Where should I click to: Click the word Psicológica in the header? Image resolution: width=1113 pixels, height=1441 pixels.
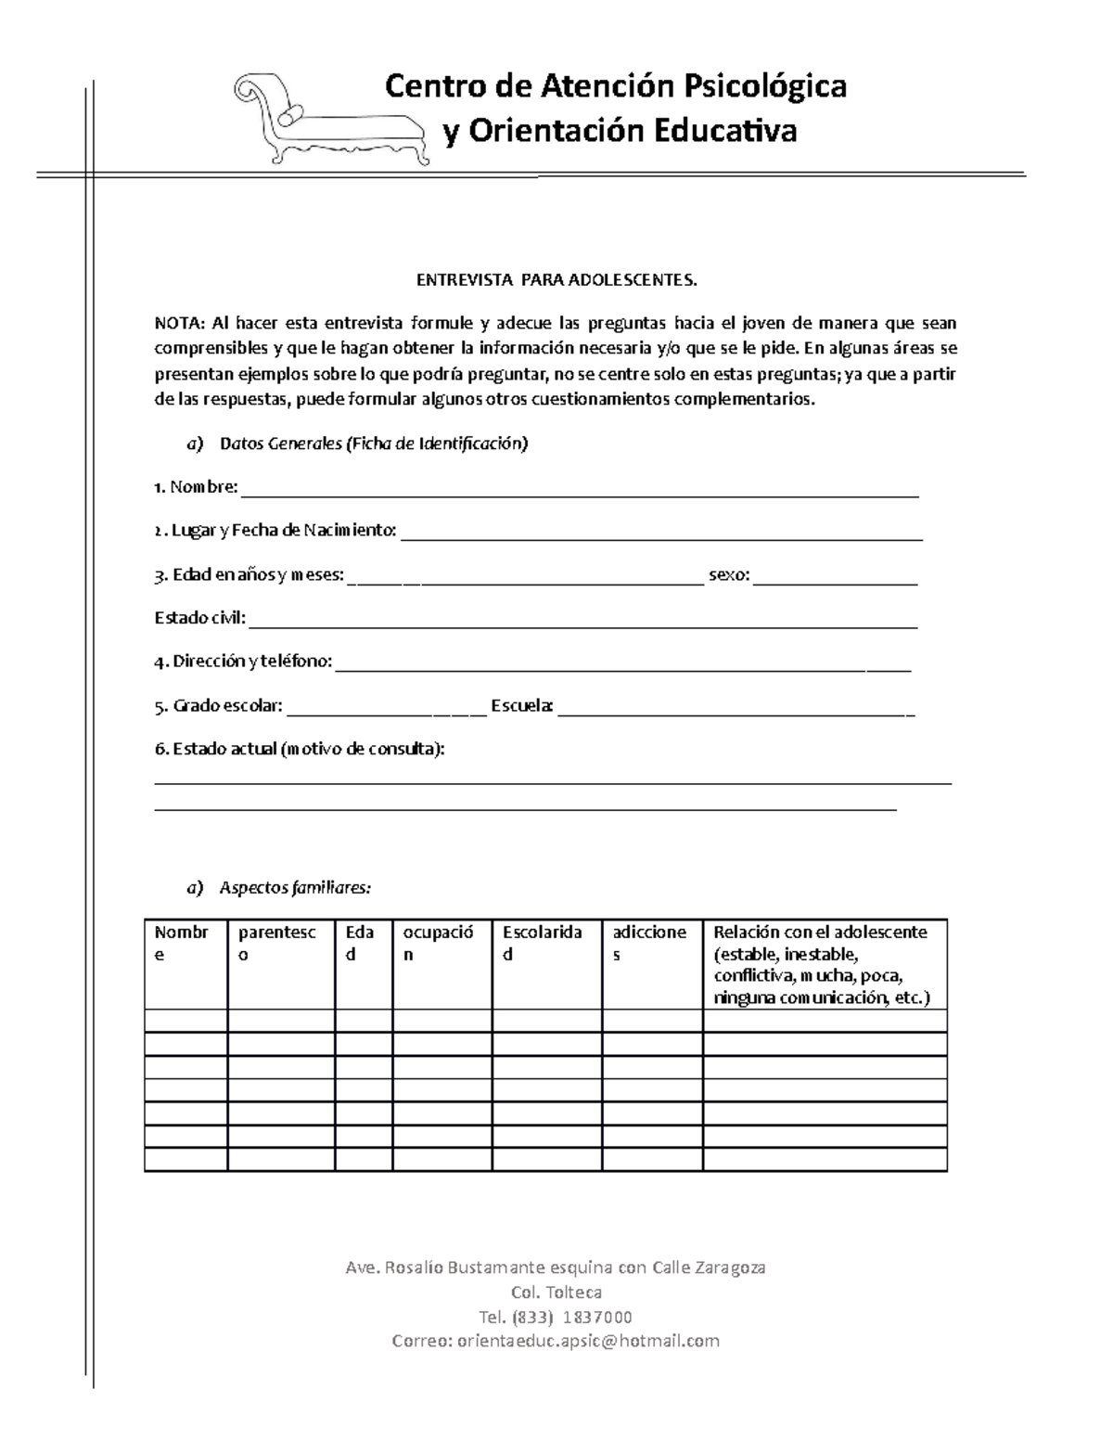[x=764, y=86]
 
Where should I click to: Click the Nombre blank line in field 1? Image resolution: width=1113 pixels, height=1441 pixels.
[x=579, y=491]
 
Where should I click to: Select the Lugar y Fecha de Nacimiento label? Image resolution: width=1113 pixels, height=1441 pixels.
[x=275, y=530]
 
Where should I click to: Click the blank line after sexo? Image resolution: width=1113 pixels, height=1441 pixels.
[x=835, y=579]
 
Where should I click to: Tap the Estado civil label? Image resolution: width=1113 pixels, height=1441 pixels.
[x=199, y=618]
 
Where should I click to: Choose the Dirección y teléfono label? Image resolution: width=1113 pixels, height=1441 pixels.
[x=243, y=662]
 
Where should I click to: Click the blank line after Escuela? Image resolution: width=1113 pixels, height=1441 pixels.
[x=736, y=711]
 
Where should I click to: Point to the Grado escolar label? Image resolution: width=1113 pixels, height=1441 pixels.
[x=219, y=705]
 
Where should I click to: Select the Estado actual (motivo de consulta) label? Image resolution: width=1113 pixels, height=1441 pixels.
[x=300, y=749]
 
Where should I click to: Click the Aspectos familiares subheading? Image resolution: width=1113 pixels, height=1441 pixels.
[x=294, y=888]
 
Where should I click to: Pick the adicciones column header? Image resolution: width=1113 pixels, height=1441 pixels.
[x=651, y=944]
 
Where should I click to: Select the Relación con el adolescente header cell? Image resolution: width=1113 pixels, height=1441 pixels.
[x=824, y=965]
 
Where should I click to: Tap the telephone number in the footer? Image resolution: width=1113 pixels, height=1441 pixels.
[x=555, y=1317]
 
